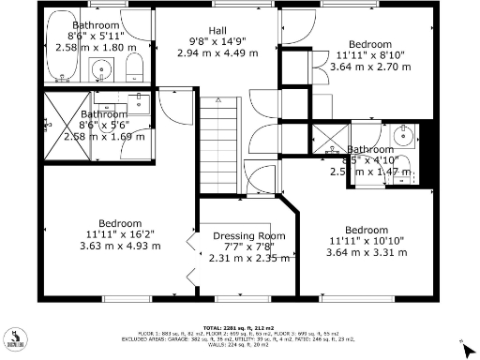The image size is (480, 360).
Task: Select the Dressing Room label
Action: pos(248,235)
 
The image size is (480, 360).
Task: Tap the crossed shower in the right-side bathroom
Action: pos(328,139)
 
